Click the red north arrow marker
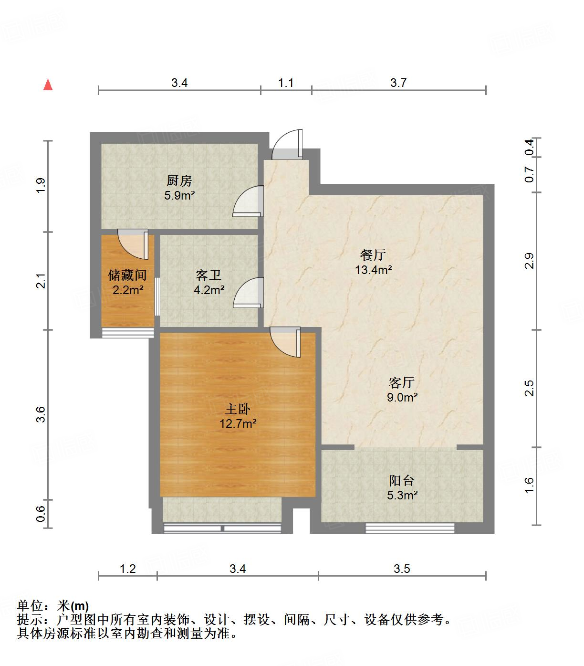tap(48, 85)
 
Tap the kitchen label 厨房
tap(179, 181)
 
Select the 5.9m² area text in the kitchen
tap(179, 195)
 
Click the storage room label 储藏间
tap(127, 275)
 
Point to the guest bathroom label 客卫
tap(209, 275)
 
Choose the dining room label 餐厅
tap(373, 255)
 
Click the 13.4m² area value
tap(373, 270)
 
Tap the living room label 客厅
tap(402, 383)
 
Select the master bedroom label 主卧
tap(238, 409)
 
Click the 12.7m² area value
tap(238, 423)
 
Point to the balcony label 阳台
tap(401, 480)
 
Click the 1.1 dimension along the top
tap(286, 83)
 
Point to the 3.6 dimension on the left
tap(41, 414)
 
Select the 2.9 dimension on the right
tap(529, 261)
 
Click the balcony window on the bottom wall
tap(410, 528)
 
